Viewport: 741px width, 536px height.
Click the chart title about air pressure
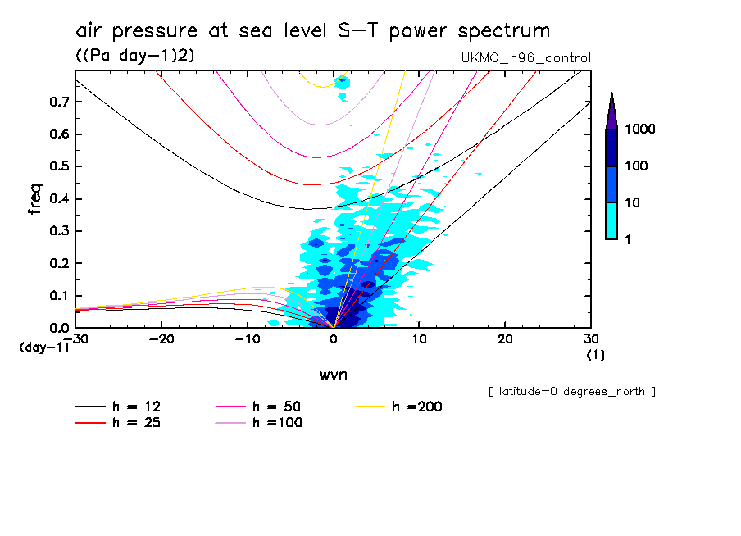(x=312, y=31)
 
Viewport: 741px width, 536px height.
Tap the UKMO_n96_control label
(x=526, y=58)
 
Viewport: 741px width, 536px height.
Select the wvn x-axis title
(x=333, y=375)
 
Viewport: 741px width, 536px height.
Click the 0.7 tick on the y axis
(x=58, y=102)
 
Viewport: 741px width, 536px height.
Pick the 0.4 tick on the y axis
(x=58, y=199)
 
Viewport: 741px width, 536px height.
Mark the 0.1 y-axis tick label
(x=58, y=296)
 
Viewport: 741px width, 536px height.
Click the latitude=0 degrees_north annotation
(x=571, y=392)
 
